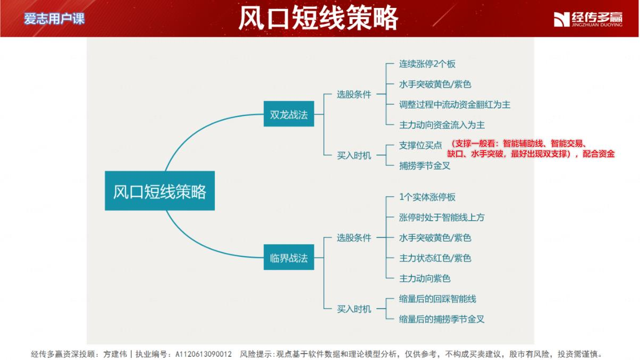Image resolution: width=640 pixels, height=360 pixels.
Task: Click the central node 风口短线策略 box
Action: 159,191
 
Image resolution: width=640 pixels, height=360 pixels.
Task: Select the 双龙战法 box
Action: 289,114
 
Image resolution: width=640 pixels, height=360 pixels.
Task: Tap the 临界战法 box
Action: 289,257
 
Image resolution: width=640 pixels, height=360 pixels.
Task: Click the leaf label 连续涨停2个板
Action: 427,64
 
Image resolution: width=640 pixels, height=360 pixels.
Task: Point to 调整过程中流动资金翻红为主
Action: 454,105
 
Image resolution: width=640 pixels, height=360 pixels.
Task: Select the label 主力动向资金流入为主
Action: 442,125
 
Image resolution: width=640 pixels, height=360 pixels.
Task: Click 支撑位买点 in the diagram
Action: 420,145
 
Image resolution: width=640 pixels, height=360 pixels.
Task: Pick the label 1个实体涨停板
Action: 427,197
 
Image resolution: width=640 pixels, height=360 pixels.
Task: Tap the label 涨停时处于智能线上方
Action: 442,217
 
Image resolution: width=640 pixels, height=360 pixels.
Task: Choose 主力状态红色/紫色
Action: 435,258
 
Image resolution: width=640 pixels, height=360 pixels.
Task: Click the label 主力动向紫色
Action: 425,279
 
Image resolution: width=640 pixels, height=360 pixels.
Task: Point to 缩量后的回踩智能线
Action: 437,299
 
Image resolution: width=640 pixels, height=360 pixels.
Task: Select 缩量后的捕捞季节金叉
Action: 442,320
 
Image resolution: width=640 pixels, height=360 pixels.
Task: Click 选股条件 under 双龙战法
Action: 353,95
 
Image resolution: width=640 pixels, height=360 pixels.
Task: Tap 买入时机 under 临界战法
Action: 353,309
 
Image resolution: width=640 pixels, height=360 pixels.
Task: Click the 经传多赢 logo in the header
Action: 588,19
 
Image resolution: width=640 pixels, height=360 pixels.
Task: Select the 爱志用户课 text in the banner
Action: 54,19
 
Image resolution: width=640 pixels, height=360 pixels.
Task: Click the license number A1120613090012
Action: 203,355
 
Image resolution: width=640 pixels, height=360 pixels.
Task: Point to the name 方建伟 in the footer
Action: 115,355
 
